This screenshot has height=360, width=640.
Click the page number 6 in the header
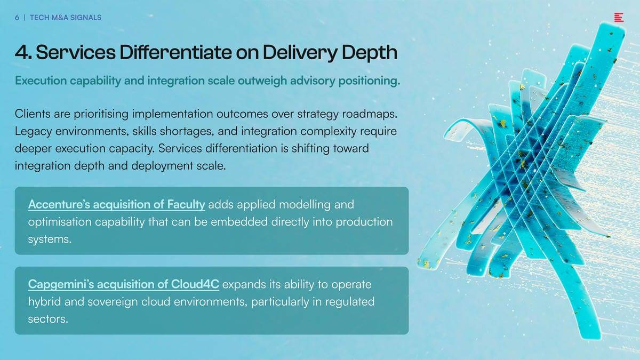pos(17,18)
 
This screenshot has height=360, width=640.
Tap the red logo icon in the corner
pos(619,18)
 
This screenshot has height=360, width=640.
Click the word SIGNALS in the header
pos(86,18)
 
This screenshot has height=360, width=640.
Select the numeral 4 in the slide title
pos(21,52)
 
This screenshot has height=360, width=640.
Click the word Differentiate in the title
pos(175,52)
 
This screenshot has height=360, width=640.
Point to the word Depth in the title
pos(370,53)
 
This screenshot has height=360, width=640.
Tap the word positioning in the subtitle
pos(369,81)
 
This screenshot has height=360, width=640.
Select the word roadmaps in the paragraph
pos(370,114)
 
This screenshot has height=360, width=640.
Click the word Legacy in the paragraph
pos(34,132)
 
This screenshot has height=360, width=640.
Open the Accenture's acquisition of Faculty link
pos(117,205)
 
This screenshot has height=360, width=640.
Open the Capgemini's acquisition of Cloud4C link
pos(124,284)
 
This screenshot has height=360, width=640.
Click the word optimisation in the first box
pos(60,222)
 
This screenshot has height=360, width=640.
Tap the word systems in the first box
pos(50,239)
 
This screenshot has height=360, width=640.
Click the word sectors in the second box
pos(48,319)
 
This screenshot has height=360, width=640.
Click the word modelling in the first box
pos(305,205)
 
